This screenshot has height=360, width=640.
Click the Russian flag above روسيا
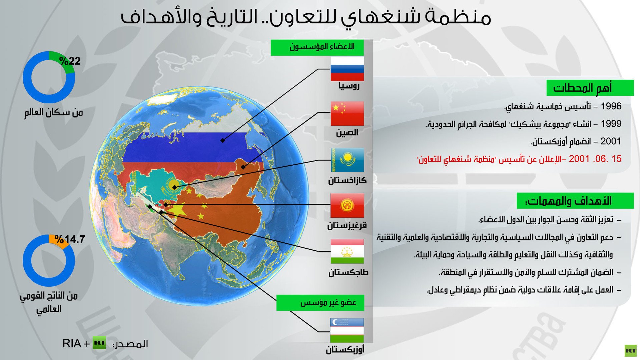[x=347, y=69]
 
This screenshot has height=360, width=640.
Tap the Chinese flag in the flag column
[x=347, y=114]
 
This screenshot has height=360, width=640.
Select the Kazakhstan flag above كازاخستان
[x=347, y=160]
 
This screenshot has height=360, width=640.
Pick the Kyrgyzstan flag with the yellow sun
[x=347, y=205]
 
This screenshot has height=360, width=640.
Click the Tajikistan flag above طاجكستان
[x=347, y=251]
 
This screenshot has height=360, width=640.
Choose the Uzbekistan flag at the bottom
[x=347, y=330]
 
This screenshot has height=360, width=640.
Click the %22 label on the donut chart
[x=70, y=61]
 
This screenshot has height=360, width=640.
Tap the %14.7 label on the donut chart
[x=70, y=239]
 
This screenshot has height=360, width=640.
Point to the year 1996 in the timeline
[x=611, y=106]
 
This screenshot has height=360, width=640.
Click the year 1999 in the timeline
[x=611, y=124]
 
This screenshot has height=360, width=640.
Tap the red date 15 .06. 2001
[x=595, y=159]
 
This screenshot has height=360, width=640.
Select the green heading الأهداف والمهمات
[x=575, y=201]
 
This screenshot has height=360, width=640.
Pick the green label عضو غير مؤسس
[x=320, y=303]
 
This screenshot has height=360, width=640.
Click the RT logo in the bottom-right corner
[x=630, y=351]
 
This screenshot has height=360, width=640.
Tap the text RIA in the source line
[x=72, y=343]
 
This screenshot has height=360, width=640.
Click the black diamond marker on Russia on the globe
[x=222, y=140]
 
